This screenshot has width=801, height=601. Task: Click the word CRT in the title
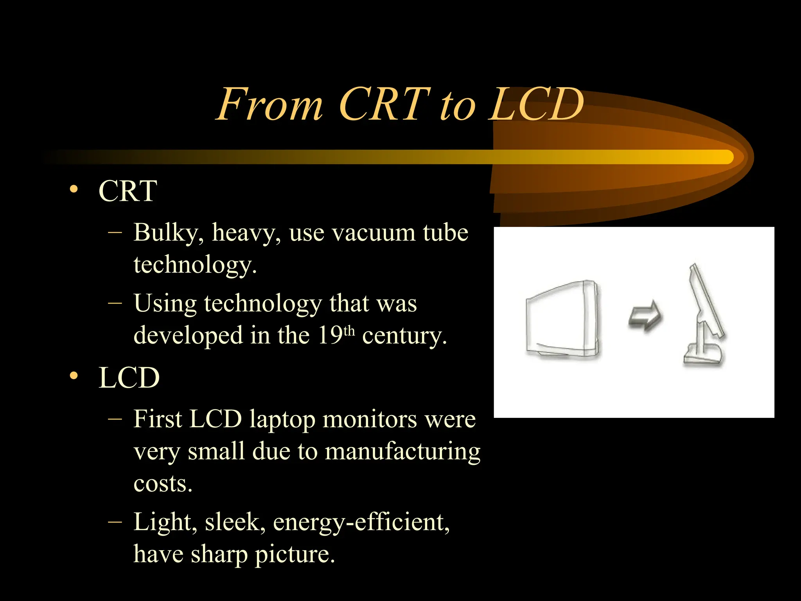coord(384,104)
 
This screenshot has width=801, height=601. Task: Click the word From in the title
coord(270,104)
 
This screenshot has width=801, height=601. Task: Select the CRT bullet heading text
coord(128,191)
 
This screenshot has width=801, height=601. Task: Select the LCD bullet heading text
coord(129,378)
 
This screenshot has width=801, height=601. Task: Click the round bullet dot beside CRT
coord(74,190)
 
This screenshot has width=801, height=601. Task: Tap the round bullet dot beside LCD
coord(74,376)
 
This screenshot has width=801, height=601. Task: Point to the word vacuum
coord(373,233)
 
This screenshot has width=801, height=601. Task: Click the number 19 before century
coord(330,335)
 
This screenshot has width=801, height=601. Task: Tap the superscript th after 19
coord(349,331)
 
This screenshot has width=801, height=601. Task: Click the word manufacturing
coord(402,452)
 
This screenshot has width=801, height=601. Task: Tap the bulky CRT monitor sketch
coord(562,319)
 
